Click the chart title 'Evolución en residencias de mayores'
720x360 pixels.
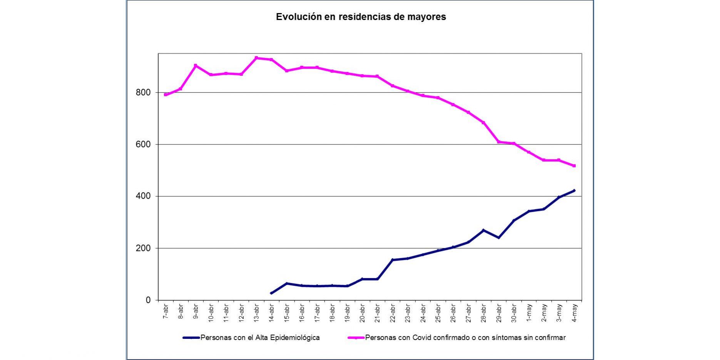(361, 17)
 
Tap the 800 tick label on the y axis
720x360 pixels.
(143, 92)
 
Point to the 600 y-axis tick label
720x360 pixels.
(143, 144)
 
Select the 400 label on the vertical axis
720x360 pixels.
(143, 196)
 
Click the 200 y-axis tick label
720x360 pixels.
(143, 248)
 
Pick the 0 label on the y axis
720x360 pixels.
(148, 300)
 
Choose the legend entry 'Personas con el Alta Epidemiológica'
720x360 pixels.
(260, 338)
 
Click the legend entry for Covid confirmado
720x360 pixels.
(465, 338)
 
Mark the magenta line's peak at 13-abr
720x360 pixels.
(256, 58)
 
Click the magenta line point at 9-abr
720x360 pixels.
(196, 65)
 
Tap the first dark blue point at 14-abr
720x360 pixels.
(271, 293)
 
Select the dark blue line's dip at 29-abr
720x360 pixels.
(498, 238)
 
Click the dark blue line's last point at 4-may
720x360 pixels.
(574, 190)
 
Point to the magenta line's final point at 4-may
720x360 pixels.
(574, 166)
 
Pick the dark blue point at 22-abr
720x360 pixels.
(392, 260)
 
